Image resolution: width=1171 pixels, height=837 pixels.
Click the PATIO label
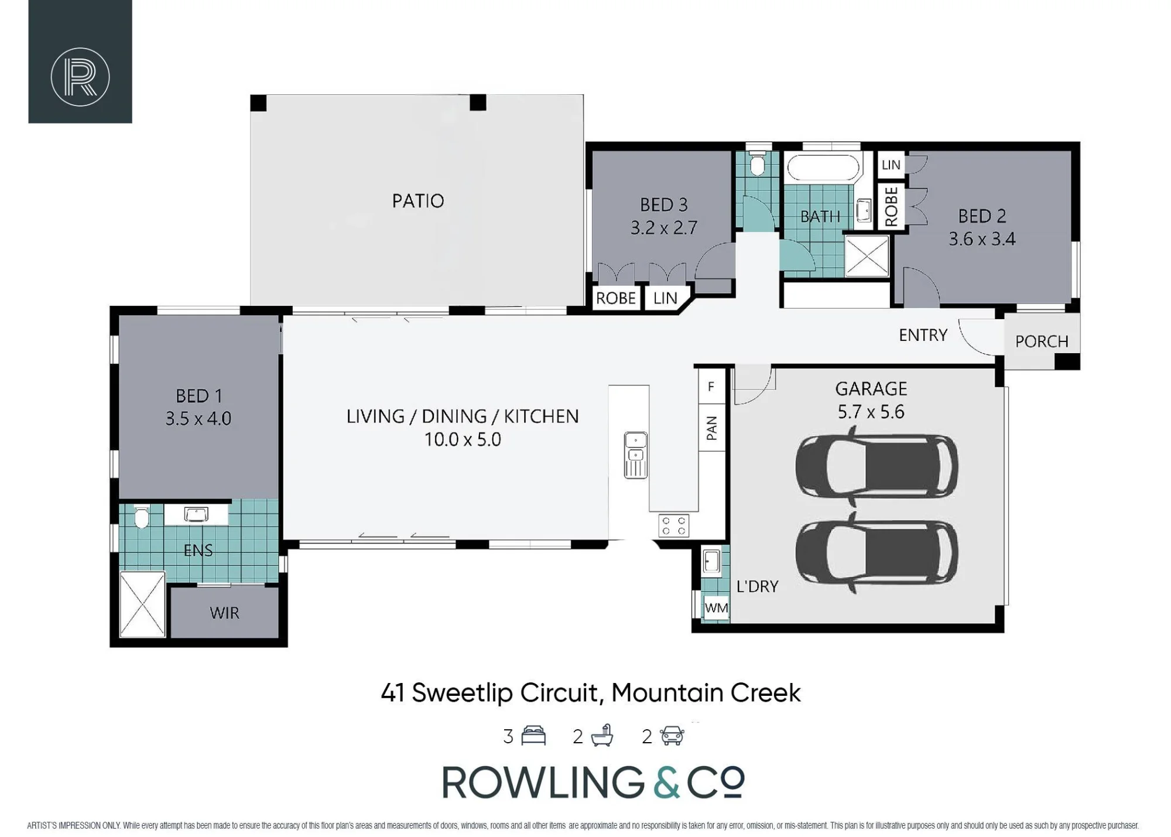click(418, 201)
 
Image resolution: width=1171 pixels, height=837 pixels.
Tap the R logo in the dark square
click(80, 77)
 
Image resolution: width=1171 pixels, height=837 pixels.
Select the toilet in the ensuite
click(141, 516)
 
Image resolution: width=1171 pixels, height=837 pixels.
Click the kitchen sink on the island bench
click(635, 455)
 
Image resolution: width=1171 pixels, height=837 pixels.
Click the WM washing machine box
click(716, 608)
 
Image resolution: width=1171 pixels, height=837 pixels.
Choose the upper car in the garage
click(876, 466)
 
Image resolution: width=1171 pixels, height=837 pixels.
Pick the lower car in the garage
click(876, 552)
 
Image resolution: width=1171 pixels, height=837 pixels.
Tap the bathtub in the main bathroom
click(823, 168)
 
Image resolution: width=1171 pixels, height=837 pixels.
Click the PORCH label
click(1042, 341)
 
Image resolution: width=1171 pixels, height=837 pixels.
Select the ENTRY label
click(923, 335)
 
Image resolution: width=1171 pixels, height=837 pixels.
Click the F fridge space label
click(711, 387)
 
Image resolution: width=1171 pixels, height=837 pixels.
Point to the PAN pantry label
click(711, 428)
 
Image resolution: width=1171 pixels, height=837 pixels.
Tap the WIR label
click(224, 613)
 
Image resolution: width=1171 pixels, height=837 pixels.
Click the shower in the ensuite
click(142, 604)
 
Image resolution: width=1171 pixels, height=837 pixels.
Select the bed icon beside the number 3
click(533, 736)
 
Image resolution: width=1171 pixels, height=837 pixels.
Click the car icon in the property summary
click(672, 736)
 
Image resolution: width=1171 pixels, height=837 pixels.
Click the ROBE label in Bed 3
click(615, 298)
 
